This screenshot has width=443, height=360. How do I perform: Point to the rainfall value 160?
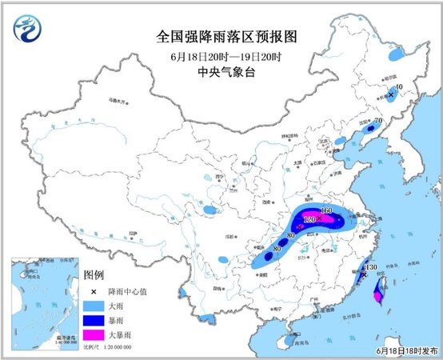pos(325,211)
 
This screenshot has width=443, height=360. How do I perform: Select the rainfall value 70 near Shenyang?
pos(379,121)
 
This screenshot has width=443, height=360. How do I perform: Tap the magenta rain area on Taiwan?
pos(378,297)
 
